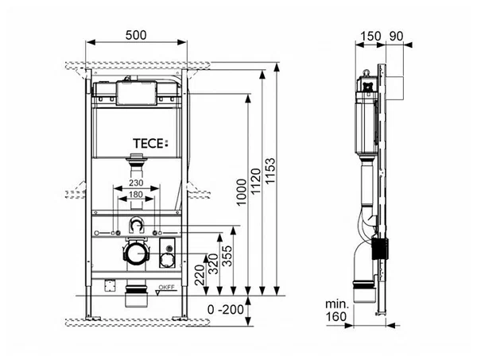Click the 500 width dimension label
tap(136, 35)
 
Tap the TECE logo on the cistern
tap(150, 144)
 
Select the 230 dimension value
tap(136, 183)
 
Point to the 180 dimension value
tap(136, 194)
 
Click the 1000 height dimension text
tap(241, 192)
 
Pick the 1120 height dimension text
tap(255, 181)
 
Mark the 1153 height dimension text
tap(270, 171)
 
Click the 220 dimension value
tap(200, 275)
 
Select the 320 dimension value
tap(214, 264)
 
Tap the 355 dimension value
tap(227, 256)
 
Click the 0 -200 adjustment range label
tap(226, 309)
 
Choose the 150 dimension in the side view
tap(370, 37)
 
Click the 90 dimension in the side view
tap(396, 37)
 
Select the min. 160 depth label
tap(337, 311)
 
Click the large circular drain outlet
tap(137, 253)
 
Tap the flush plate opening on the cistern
tap(137, 93)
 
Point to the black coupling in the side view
tap(380, 249)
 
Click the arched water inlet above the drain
tap(137, 224)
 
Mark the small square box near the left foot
tap(111, 285)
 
